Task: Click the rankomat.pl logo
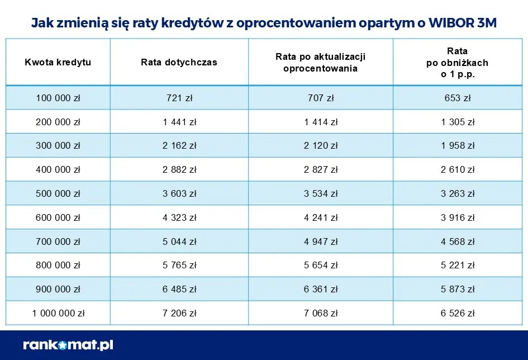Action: (x=68, y=345)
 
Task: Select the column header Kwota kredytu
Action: (x=58, y=62)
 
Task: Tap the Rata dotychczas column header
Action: (x=179, y=62)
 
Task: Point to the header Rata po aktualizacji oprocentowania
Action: (x=320, y=63)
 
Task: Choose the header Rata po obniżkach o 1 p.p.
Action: (x=457, y=62)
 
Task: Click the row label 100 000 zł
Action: (x=58, y=98)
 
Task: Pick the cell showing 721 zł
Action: (x=179, y=98)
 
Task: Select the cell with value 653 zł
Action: (x=458, y=98)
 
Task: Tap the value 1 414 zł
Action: (x=321, y=122)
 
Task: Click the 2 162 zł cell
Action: (x=179, y=145)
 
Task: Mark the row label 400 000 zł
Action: (x=58, y=169)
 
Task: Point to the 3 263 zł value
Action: (x=458, y=193)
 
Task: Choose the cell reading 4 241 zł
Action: (x=321, y=217)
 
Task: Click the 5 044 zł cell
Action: (x=179, y=241)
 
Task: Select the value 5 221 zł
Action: (x=458, y=266)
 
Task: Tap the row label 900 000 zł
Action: (x=58, y=290)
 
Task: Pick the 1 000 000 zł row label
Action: (x=58, y=313)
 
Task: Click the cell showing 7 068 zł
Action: (x=321, y=313)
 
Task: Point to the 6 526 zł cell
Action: (x=458, y=313)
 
